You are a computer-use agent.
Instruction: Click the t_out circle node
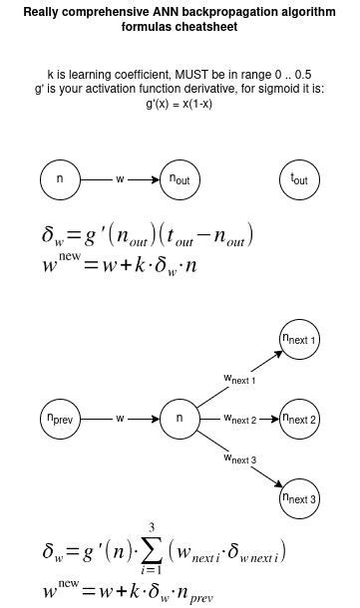pyautogui.click(x=299, y=179)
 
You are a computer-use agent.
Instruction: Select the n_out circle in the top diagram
pyautogui.click(x=180, y=179)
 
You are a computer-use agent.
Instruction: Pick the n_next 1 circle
pyautogui.click(x=299, y=341)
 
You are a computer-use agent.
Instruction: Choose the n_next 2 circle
pyautogui.click(x=299, y=419)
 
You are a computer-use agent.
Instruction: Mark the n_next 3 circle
pyautogui.click(x=299, y=497)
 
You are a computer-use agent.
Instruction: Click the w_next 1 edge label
pyautogui.click(x=239, y=380)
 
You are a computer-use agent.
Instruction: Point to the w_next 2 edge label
pyautogui.click(x=239, y=419)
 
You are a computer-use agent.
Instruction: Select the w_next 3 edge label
pyautogui.click(x=239, y=458)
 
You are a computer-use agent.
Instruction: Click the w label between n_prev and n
pyautogui.click(x=120, y=419)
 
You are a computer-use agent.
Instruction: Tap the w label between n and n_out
pyautogui.click(x=120, y=179)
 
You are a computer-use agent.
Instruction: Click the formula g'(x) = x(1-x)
pyautogui.click(x=180, y=104)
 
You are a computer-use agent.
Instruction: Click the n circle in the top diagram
pyautogui.click(x=60, y=179)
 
